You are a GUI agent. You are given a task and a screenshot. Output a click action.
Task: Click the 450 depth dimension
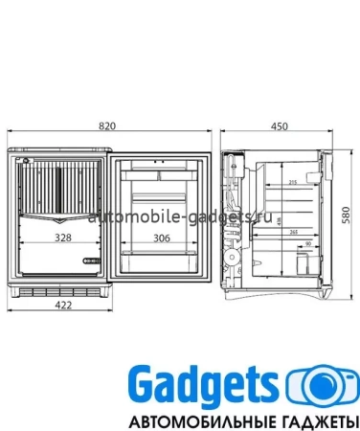coord(280,125)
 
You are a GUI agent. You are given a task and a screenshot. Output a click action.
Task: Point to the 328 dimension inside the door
coord(62,237)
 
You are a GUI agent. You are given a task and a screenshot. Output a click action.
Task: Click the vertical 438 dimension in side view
coord(279,219)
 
